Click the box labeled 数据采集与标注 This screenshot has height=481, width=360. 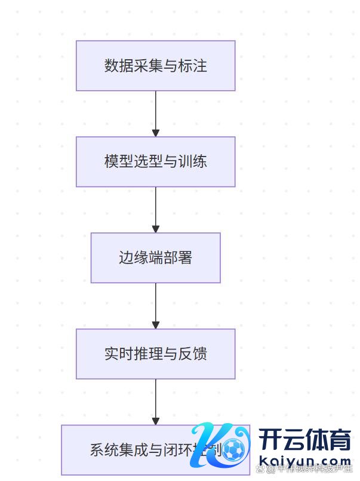155,66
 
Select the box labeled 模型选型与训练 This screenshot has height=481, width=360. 155,161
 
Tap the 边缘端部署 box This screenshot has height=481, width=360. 155,258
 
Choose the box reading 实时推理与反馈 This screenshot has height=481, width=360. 155,354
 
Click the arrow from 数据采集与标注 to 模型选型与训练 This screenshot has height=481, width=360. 156,114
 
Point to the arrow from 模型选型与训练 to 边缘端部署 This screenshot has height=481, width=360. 156,210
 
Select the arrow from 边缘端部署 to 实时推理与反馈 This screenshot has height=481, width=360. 156,306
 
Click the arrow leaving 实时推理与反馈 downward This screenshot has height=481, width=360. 156,402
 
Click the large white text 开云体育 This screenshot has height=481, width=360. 304,441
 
